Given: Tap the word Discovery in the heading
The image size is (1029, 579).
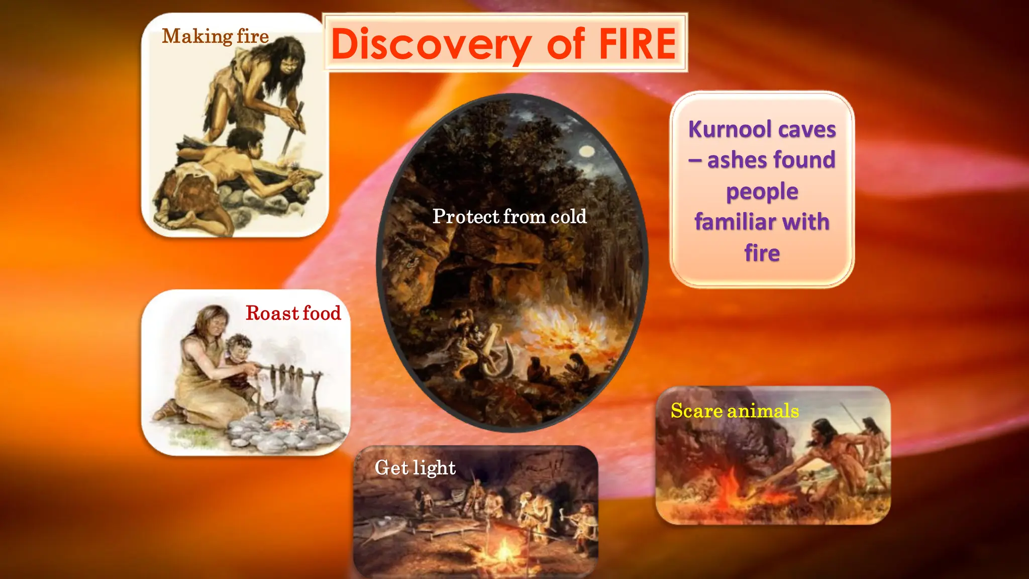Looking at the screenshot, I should [x=431, y=45].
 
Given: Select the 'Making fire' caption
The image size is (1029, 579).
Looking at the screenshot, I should [x=215, y=36].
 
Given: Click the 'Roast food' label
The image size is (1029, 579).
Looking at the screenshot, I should [x=293, y=313].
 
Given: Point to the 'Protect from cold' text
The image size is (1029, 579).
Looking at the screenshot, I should [x=509, y=217].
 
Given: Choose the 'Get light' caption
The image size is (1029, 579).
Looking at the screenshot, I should [x=415, y=468].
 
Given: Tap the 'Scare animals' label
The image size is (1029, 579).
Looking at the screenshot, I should [x=734, y=411].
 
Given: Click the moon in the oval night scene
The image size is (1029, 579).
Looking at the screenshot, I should [x=586, y=151].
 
